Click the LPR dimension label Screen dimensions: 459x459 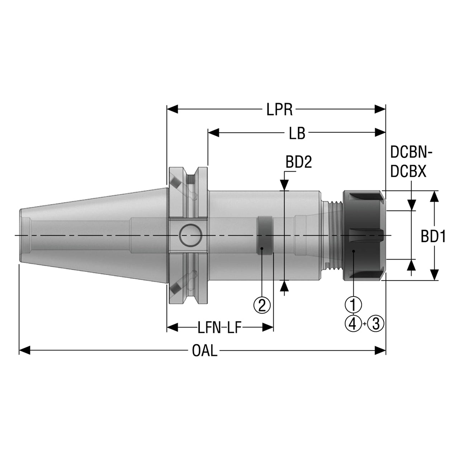click(x=279, y=110)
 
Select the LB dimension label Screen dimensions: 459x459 click(x=297, y=133)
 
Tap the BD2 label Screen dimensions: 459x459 click(x=298, y=162)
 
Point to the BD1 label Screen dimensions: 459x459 click(x=433, y=237)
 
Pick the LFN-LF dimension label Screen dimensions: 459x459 click(x=219, y=328)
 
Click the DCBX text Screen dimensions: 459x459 click(x=408, y=171)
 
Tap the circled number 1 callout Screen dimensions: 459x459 click(x=353, y=304)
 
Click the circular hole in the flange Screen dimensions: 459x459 click(x=190, y=235)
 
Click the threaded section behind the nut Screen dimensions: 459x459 click(x=335, y=235)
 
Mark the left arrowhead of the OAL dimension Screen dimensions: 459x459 click(x=24, y=350)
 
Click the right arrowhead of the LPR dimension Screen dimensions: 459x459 click(x=380, y=109)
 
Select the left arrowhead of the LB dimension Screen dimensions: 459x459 click(x=214, y=132)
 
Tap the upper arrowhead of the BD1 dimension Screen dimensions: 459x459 click(x=435, y=197)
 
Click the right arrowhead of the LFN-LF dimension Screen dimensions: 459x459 click(x=268, y=327)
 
